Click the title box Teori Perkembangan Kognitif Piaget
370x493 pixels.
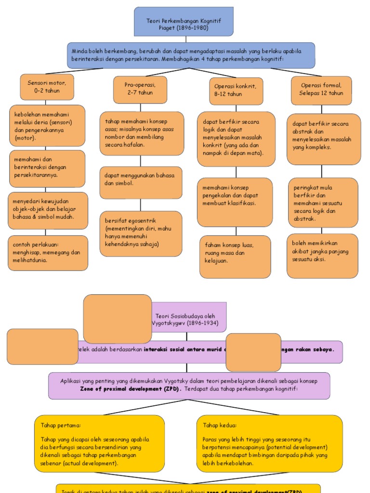pos(184,22)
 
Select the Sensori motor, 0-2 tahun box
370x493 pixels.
pos(47,87)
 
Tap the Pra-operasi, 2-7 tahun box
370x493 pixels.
pos(140,89)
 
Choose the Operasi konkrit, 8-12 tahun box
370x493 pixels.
pos(236,91)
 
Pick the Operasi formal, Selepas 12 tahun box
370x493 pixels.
pos(321,90)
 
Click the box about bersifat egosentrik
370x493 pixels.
pos(141,233)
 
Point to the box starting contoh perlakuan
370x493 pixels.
pos(48,253)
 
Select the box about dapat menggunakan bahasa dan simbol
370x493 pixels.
pos(141,182)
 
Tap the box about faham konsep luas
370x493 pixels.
pos(235,256)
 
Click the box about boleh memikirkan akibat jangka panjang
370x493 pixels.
pos(322,256)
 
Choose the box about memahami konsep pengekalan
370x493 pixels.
pos(235,202)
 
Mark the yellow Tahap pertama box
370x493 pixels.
pos(99,443)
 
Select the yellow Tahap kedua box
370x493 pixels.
pos(269,443)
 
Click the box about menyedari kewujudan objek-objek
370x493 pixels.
pos(48,210)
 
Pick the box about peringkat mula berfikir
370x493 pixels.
pos(322,203)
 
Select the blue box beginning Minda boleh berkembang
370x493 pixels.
pos(191,55)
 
